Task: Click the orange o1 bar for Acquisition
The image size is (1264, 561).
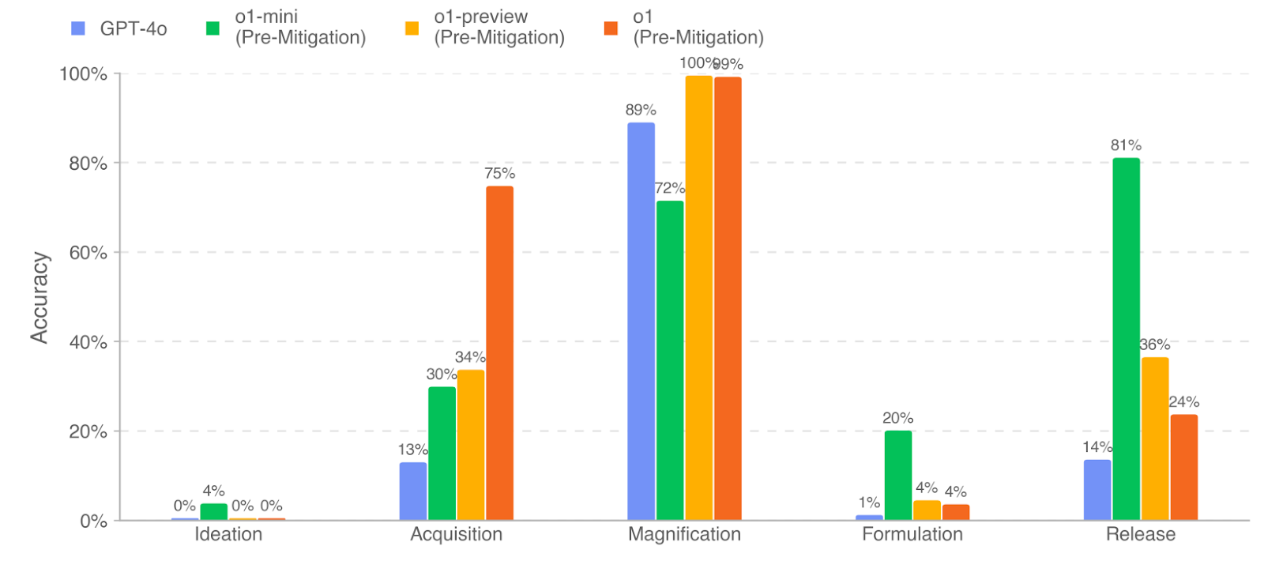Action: point(499,353)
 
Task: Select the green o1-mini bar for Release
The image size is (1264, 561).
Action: point(1126,339)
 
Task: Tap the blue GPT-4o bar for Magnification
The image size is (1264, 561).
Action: point(641,321)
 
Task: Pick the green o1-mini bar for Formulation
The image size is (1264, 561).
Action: point(897,475)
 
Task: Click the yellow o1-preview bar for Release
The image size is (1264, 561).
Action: point(1154,439)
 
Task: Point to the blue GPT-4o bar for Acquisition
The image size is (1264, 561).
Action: point(412,491)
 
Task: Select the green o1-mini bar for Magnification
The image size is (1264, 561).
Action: point(670,360)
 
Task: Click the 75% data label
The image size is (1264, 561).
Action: point(499,173)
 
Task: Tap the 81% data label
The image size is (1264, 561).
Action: point(1126,145)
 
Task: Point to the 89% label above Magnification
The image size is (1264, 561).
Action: point(641,110)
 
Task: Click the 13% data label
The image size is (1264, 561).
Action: point(412,450)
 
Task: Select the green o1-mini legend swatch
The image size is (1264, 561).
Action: point(213,28)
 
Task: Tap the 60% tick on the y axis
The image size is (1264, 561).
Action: point(88,253)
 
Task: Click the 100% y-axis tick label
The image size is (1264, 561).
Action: point(83,74)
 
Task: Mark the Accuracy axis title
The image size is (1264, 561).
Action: point(39,297)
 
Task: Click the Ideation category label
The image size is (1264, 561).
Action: point(228,534)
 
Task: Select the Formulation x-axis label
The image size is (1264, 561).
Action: point(912,534)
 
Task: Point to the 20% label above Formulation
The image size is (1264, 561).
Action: point(897,418)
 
